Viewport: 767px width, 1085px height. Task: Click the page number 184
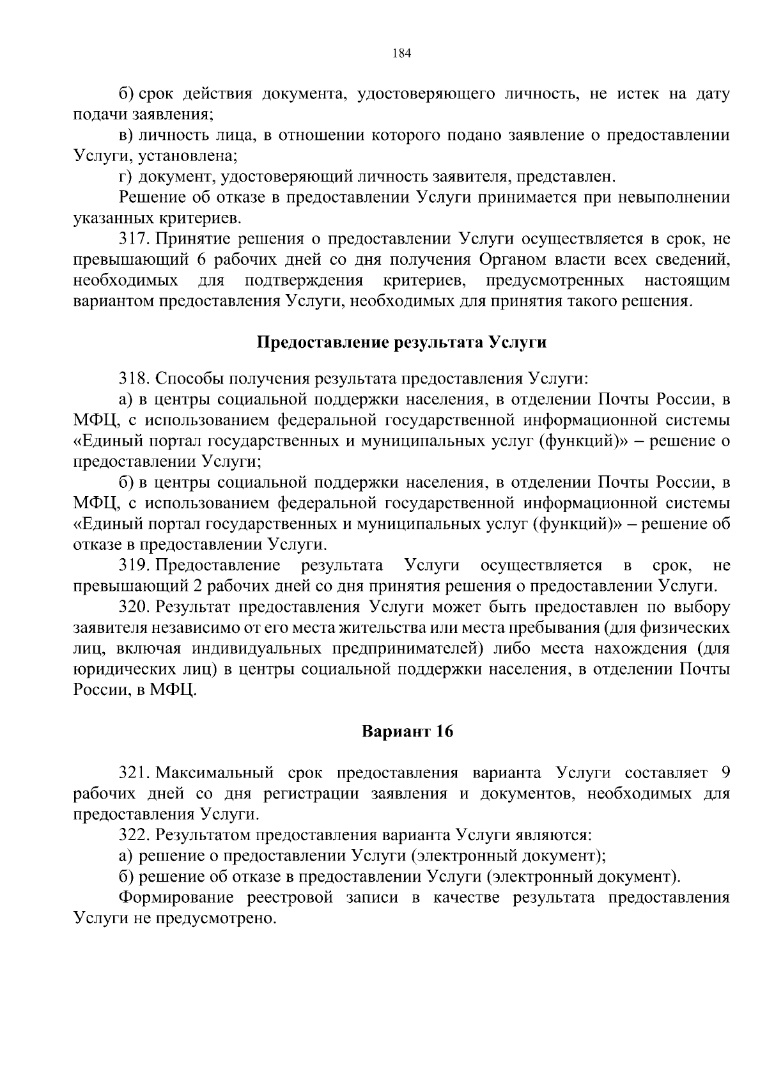401,53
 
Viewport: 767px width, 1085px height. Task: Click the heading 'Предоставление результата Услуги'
401,343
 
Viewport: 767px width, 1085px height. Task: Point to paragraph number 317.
134,240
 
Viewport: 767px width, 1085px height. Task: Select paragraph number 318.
134,379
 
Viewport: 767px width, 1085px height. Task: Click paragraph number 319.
134,565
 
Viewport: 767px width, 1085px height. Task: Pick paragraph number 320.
134,606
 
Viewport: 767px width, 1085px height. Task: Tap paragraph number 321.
134,773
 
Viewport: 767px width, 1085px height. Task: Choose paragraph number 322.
134,835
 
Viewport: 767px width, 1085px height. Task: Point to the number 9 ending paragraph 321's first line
725,773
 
